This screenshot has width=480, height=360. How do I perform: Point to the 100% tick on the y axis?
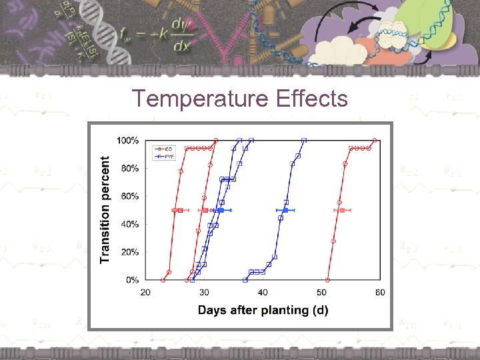(x=128, y=141)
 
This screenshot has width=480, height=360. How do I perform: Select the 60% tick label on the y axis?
(x=129, y=197)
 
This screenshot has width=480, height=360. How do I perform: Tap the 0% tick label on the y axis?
(x=132, y=280)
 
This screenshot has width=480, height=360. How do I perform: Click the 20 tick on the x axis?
(x=146, y=293)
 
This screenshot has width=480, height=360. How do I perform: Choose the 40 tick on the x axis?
(x=263, y=293)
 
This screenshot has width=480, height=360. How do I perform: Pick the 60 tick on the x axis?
(x=380, y=293)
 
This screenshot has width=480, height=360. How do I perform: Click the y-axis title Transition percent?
(x=105, y=209)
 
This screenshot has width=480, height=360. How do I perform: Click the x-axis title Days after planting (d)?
(x=263, y=310)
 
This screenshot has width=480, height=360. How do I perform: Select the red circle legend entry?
(x=165, y=149)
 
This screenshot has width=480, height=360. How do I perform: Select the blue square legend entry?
(x=165, y=156)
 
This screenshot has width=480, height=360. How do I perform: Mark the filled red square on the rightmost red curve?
(x=342, y=210)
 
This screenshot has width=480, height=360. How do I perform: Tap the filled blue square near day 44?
(x=285, y=210)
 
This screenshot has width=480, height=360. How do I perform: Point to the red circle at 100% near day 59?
(x=375, y=141)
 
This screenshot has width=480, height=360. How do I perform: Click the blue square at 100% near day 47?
(x=304, y=141)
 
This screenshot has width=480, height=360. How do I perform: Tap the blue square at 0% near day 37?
(x=245, y=280)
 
